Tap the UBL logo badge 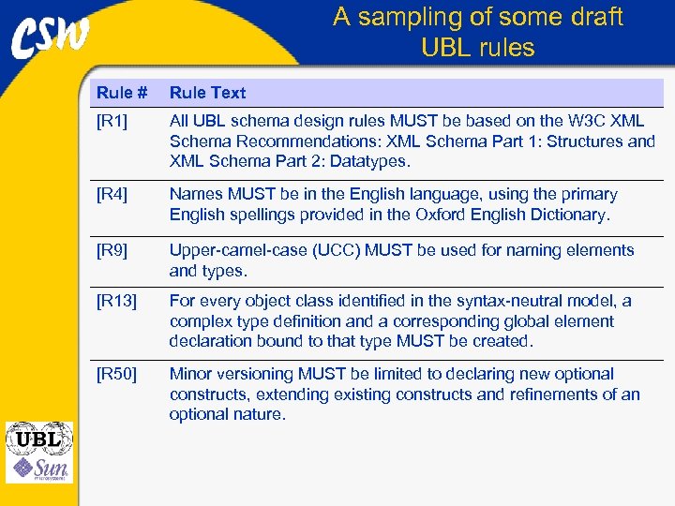tap(38, 439)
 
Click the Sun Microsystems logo tap(38, 468)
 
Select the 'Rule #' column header tap(122, 93)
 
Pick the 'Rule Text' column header tap(207, 93)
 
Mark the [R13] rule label tap(116, 301)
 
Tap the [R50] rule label tap(116, 374)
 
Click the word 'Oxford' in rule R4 tap(445, 215)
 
